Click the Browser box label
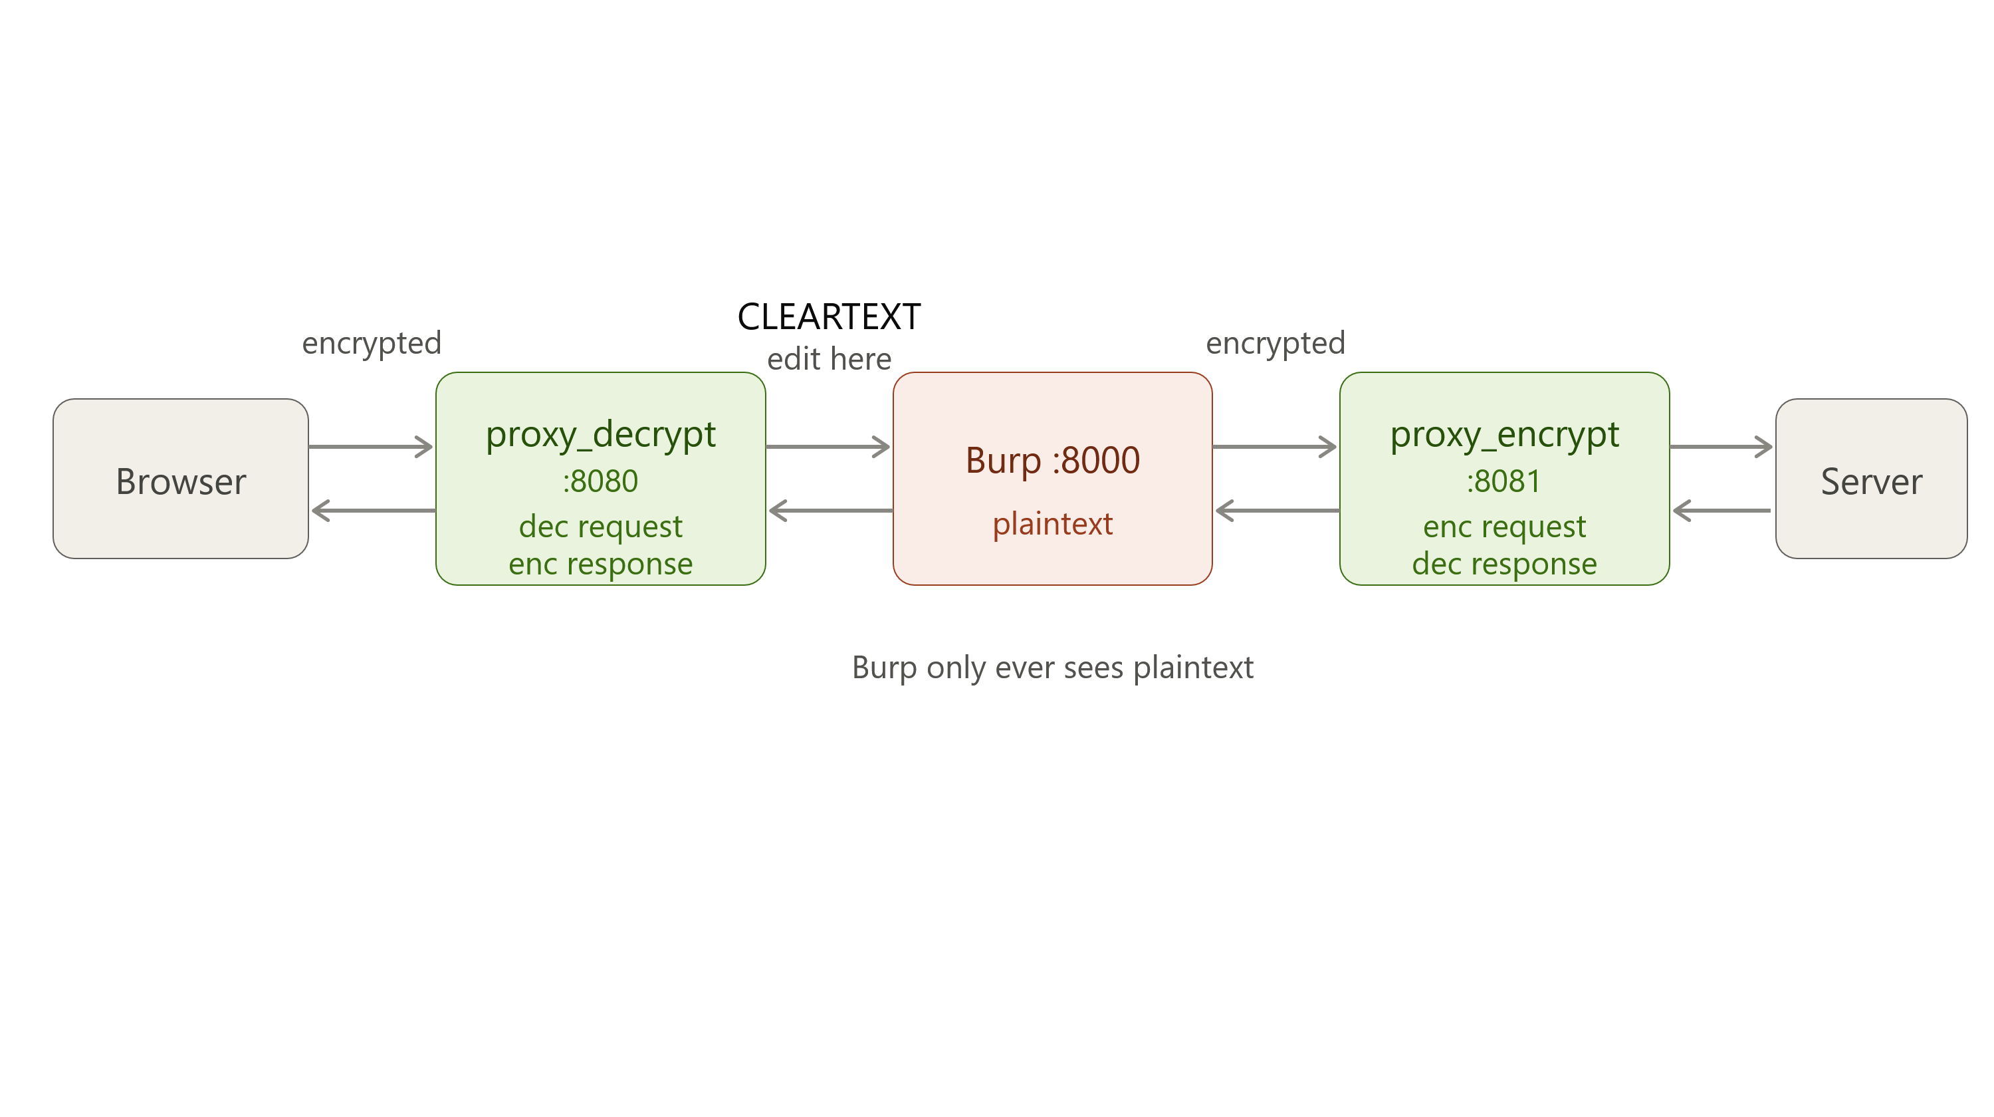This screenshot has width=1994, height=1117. click(181, 481)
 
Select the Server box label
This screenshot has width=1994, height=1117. click(1871, 481)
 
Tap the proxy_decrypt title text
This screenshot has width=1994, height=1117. click(601, 435)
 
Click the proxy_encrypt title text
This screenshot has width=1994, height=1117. click(1504, 435)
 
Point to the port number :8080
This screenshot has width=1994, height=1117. click(601, 481)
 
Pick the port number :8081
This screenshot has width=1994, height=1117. click(1504, 481)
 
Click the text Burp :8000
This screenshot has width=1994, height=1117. click(1053, 461)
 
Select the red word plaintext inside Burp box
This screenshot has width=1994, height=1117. click(1053, 524)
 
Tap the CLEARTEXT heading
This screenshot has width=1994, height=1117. click(829, 316)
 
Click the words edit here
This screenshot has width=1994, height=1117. click(829, 359)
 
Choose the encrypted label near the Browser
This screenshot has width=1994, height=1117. click(372, 344)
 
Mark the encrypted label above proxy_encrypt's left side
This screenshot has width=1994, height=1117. click(1275, 344)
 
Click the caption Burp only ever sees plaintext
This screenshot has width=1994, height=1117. click(1053, 668)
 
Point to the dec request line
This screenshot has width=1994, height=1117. click(601, 527)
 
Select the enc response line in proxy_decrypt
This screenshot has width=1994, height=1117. click(601, 564)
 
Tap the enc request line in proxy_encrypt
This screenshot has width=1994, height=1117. click(1504, 527)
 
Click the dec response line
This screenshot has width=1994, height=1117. click(1504, 564)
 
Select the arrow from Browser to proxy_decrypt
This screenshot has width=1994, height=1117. click(371, 447)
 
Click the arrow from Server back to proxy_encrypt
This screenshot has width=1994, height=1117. click(1721, 511)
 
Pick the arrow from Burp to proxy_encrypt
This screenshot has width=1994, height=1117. click(1275, 447)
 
